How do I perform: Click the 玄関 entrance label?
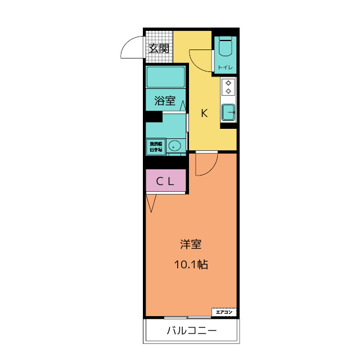159,48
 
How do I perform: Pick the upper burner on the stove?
228,83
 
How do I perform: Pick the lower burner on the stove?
228,91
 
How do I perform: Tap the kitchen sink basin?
228,112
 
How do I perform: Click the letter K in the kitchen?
205,113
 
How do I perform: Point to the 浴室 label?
165,102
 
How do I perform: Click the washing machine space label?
156,146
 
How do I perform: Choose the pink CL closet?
165,181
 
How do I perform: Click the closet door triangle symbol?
151,203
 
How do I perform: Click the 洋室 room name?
191,245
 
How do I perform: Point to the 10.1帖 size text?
191,264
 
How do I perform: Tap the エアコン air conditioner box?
224,312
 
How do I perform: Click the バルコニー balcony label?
191,330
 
